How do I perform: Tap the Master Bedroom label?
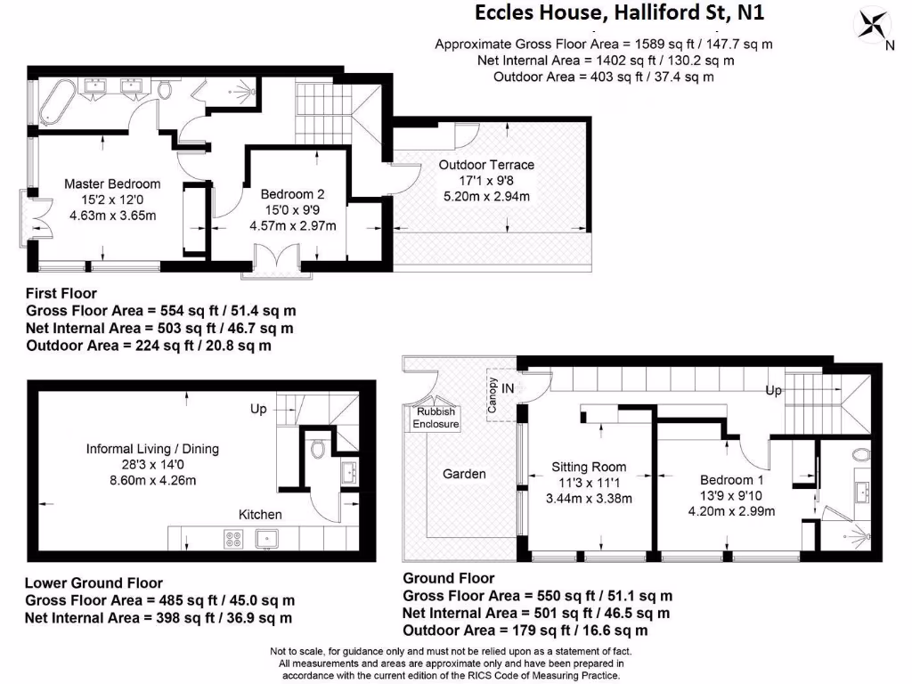coord(112,184)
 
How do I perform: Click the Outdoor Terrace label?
coord(486,165)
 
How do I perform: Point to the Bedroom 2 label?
coord(292,194)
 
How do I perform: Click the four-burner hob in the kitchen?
coord(233,538)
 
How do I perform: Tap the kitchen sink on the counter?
coord(265,538)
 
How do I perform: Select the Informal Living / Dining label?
coord(152,449)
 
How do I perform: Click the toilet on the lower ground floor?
coord(318,449)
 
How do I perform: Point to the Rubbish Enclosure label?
coord(436,418)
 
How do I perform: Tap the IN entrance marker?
coord(508,388)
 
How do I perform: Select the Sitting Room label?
coord(589,467)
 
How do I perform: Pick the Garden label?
coord(464,474)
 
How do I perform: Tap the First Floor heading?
coord(61,293)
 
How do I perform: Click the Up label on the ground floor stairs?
coord(775,391)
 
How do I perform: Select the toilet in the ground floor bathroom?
coord(860,455)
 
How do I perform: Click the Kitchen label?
coord(260,514)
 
